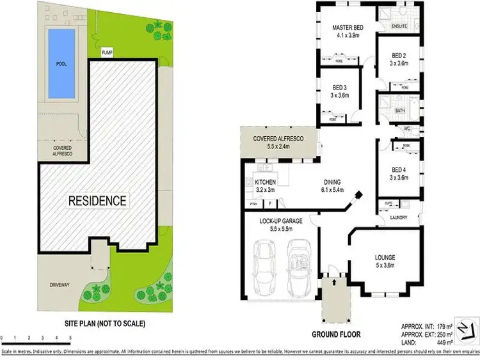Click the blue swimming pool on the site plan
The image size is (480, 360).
pyautogui.click(x=61, y=63)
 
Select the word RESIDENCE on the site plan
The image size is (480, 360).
pyautogui.click(x=97, y=201)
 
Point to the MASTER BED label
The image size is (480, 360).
pyautogui.click(x=348, y=29)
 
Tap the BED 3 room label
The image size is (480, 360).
pyautogui.click(x=339, y=88)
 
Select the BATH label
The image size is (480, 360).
pyautogui.click(x=401, y=110)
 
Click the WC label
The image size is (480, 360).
pyautogui.click(x=406, y=129)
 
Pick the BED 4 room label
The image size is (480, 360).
pyautogui.click(x=399, y=169)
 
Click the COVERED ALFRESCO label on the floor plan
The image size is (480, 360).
pyautogui.click(x=277, y=138)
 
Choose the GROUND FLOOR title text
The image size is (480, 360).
pyautogui.click(x=336, y=334)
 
